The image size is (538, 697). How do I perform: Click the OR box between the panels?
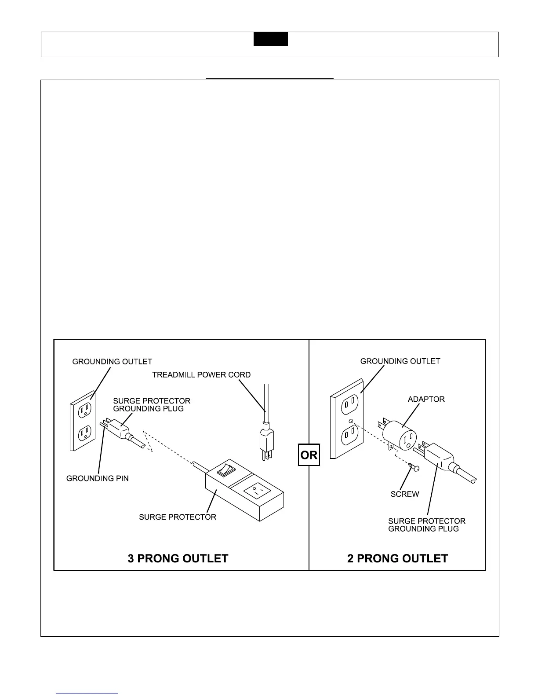coord(309,455)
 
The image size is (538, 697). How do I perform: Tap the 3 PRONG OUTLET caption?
coord(178,558)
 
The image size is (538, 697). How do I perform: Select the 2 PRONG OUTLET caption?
coord(397,558)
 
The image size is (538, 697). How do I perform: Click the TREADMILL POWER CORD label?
coord(201,375)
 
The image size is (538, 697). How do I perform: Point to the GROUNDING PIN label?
coord(98,478)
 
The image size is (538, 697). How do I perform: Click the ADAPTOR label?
coord(426,399)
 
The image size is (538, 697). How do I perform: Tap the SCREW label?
coord(405,494)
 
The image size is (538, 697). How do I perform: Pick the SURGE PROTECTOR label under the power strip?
coord(178,517)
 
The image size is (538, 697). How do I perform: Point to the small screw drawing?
coord(413,467)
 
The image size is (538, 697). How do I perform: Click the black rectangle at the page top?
coord(270,39)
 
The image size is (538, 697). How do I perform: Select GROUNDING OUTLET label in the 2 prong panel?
coord(400,361)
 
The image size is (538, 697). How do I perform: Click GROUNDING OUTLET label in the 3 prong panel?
coord(112,362)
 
